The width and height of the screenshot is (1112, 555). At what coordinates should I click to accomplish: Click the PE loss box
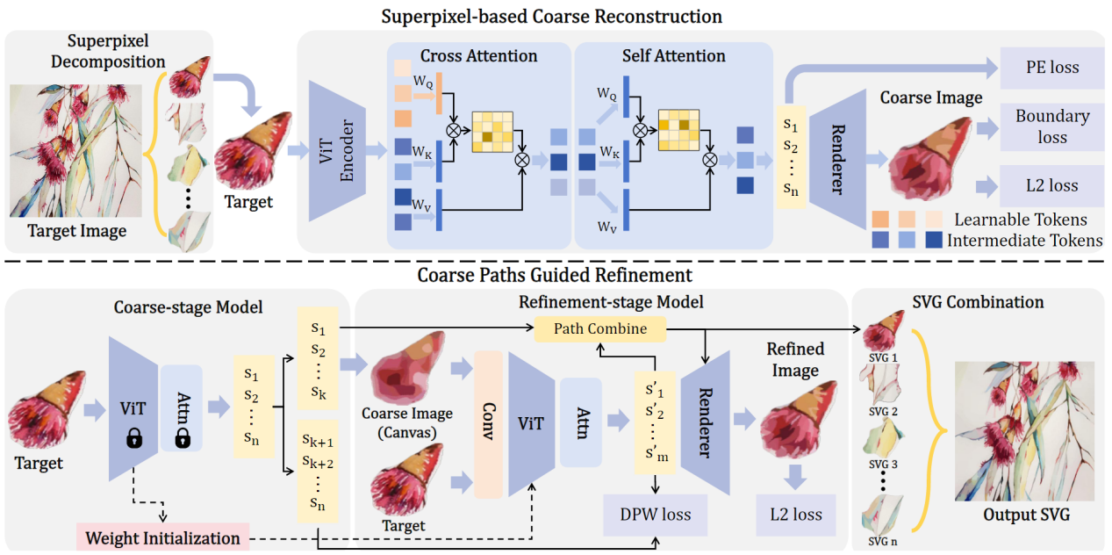pos(1051,68)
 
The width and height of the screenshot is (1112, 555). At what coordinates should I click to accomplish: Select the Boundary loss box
pos(1051,126)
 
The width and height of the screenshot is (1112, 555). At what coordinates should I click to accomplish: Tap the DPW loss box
pos(656,515)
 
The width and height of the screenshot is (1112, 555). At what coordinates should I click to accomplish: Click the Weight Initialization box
pos(163,537)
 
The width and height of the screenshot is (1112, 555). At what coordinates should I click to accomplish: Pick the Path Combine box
pos(601,329)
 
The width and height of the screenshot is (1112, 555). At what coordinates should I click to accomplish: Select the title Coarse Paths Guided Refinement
pos(555,275)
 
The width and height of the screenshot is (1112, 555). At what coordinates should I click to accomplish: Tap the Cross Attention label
pos(478,56)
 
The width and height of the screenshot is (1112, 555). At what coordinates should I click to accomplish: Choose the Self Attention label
pos(673,56)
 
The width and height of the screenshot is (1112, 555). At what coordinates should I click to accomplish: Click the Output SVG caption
pos(1026,515)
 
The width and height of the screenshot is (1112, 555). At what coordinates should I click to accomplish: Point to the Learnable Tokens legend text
pos(1020,220)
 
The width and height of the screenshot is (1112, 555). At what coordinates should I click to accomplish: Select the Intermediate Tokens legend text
pos(1024,240)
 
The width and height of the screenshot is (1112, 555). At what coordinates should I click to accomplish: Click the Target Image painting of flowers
pos(76,149)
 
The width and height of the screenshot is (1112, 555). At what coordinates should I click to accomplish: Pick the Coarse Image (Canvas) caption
pos(406,422)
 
